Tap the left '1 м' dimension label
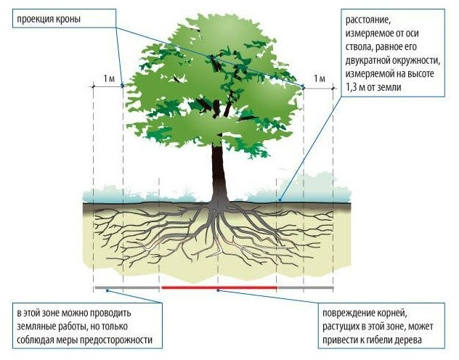(x=109, y=77)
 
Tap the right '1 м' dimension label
(x=318, y=77)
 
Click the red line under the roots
(x=218, y=287)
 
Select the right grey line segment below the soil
(x=305, y=287)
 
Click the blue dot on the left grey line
(x=107, y=289)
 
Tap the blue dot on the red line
(x=218, y=289)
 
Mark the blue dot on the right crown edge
(x=304, y=86)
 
